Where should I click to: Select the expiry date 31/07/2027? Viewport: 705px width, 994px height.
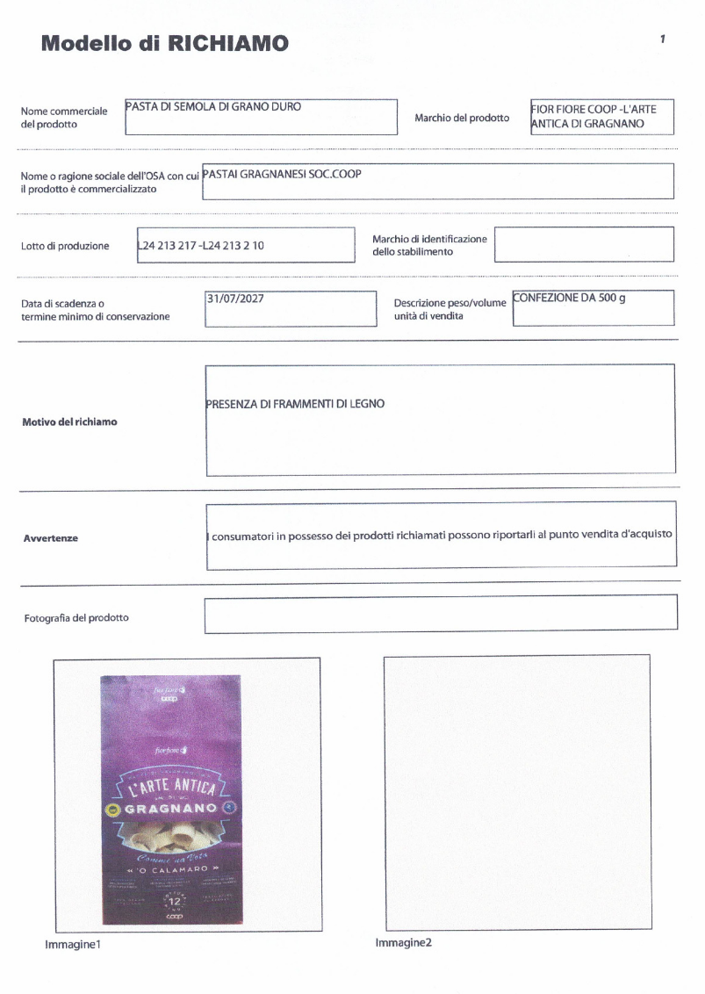235,299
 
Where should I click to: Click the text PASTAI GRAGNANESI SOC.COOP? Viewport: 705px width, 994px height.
282,173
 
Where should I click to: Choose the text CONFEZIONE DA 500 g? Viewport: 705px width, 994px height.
569,298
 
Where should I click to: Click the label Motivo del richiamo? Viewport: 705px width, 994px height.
69,421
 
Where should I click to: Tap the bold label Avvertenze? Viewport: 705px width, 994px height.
51,538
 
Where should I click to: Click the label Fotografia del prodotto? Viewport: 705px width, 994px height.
76,617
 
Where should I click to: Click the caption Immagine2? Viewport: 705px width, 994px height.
403,942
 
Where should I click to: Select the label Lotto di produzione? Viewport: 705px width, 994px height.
65,246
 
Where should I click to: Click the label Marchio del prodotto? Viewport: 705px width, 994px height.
462,118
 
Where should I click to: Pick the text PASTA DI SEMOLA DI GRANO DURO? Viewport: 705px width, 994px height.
213,107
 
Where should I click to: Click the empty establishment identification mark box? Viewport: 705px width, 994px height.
583,244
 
